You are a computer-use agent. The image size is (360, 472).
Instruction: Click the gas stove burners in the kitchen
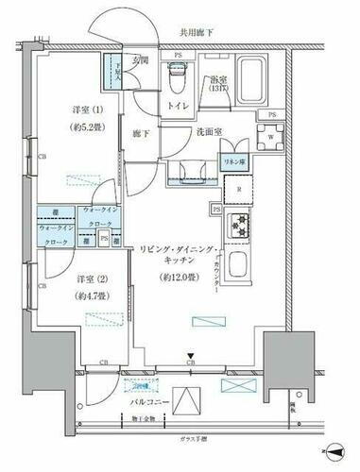coord(240,228)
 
